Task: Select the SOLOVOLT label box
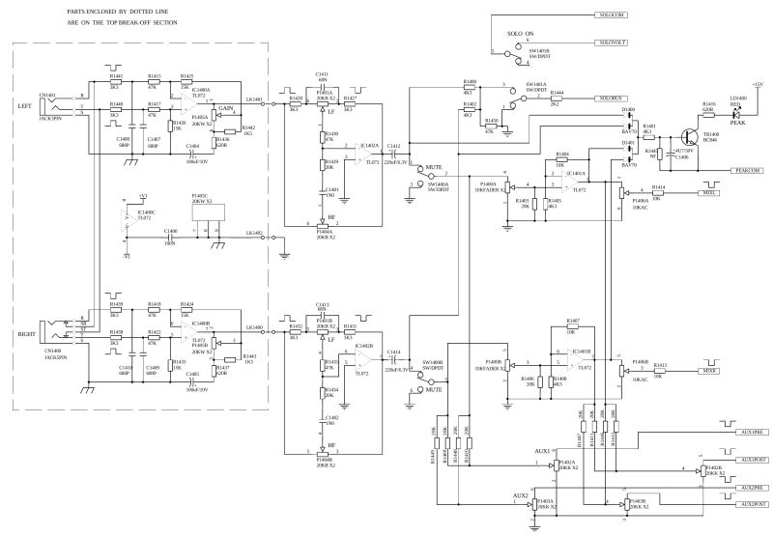pyautogui.click(x=612, y=42)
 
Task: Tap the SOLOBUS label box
pyautogui.click(x=612, y=99)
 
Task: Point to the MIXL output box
pyautogui.click(x=708, y=192)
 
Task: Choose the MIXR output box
pyautogui.click(x=708, y=370)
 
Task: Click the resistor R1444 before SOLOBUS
pyautogui.click(x=557, y=99)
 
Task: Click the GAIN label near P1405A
pyautogui.click(x=227, y=108)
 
